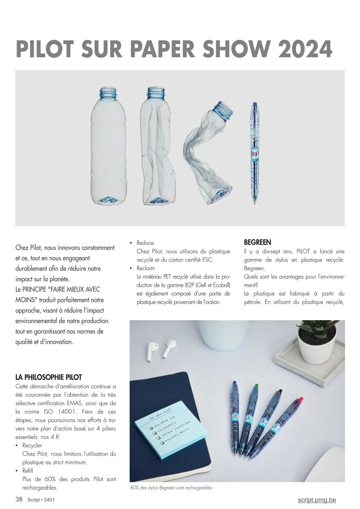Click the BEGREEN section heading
click(x=258, y=242)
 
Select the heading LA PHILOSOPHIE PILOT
click(x=49, y=377)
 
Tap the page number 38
click(x=19, y=499)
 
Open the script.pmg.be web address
click(x=316, y=500)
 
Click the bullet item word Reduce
click(x=145, y=243)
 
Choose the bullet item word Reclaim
click(x=146, y=268)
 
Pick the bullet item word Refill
click(x=28, y=471)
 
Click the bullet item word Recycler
click(x=32, y=445)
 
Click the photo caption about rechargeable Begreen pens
click(x=171, y=488)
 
